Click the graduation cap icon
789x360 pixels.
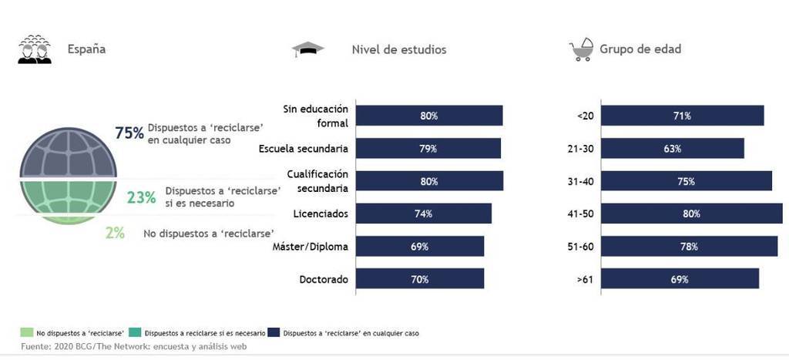pyautogui.click(x=307, y=50)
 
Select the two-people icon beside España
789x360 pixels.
pyautogui.click(x=35, y=49)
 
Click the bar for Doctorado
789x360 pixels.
pyautogui.click(x=419, y=279)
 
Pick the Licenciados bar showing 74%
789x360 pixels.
pyautogui.click(x=422, y=214)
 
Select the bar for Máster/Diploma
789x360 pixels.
pyautogui.click(x=419, y=247)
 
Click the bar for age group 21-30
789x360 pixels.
pyautogui.click(x=672, y=149)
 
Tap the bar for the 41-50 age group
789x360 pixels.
pyautogui.click(x=691, y=214)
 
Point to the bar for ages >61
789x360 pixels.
pyautogui.click(x=679, y=279)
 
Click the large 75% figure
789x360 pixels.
pyautogui.click(x=129, y=133)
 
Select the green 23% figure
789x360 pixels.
pyautogui.click(x=142, y=197)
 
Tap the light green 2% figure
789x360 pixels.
pyautogui.click(x=115, y=232)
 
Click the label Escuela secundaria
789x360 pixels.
pyautogui.click(x=304, y=149)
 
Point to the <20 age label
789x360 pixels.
pyautogui.click(x=584, y=116)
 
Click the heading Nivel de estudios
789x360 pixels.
pyautogui.click(x=398, y=50)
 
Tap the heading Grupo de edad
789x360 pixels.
pyautogui.click(x=641, y=50)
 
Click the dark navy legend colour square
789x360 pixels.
pyautogui.click(x=273, y=333)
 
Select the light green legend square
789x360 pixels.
pyautogui.click(x=27, y=333)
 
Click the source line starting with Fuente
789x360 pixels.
pyautogui.click(x=133, y=347)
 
